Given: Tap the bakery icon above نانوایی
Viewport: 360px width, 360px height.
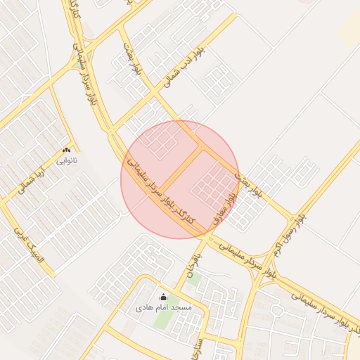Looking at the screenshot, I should (67, 150).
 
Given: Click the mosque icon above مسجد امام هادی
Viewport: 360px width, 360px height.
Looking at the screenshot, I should (164, 297).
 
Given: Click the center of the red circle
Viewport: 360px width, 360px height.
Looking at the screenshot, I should (180, 179).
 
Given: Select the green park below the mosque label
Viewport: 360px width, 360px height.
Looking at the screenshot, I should (162, 320).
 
